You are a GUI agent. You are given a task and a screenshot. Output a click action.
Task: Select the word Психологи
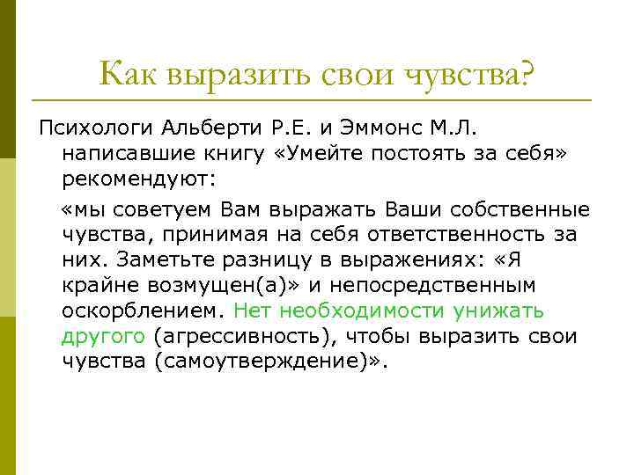pyautogui.click(x=96, y=130)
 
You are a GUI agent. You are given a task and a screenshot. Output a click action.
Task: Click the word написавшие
pyautogui.click(x=123, y=155)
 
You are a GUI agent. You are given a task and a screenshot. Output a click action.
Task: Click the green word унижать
pyautogui.click(x=503, y=311)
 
